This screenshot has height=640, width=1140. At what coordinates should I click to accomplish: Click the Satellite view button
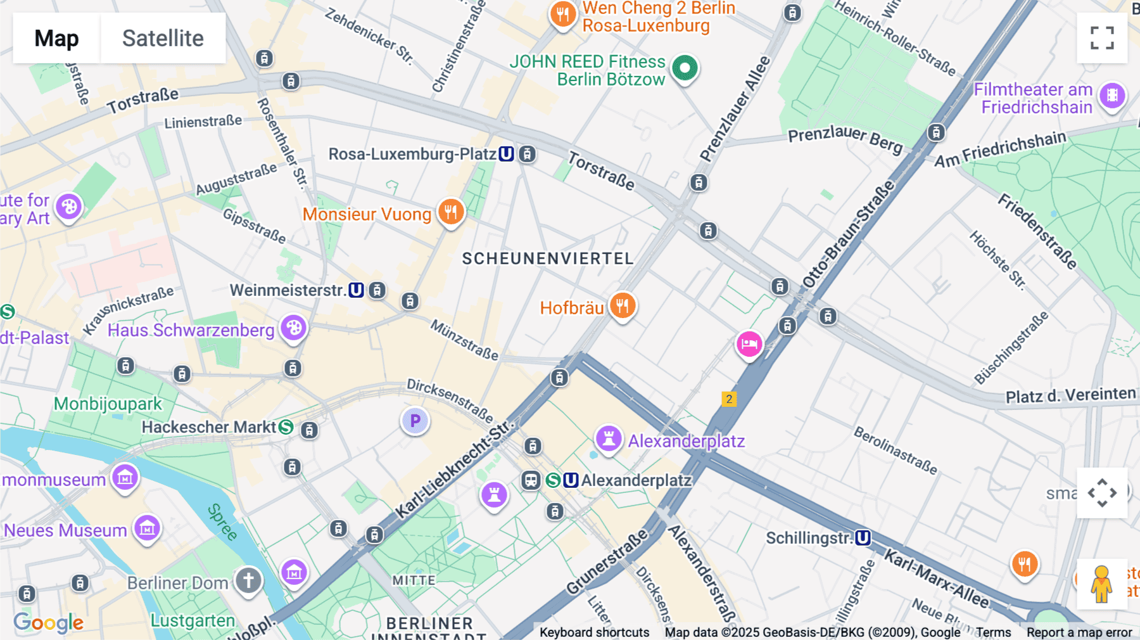pyautogui.click(x=163, y=38)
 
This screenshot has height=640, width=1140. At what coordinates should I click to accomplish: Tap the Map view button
pyautogui.click(x=56, y=38)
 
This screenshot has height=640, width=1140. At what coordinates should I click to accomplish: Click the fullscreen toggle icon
pyautogui.click(x=1102, y=38)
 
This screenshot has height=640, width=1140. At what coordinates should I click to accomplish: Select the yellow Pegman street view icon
pyautogui.click(x=1101, y=584)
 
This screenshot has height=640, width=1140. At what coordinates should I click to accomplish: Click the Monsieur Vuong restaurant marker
pyautogui.click(x=451, y=212)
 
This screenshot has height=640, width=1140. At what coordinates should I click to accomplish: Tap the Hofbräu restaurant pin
pyautogui.click(x=623, y=306)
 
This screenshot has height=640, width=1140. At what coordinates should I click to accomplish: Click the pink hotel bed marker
pyautogui.click(x=749, y=344)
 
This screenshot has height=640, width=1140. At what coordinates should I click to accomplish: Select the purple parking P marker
pyautogui.click(x=415, y=421)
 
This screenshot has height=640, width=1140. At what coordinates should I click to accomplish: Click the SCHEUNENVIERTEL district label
pyautogui.click(x=547, y=259)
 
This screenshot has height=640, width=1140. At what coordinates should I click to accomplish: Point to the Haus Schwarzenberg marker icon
pyautogui.click(x=293, y=328)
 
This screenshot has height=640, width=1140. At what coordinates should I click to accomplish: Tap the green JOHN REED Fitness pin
pyautogui.click(x=685, y=68)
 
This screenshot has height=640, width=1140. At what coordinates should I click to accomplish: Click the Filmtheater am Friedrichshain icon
pyautogui.click(x=1112, y=96)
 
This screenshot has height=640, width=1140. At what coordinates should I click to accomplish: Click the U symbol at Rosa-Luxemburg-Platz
pyautogui.click(x=506, y=154)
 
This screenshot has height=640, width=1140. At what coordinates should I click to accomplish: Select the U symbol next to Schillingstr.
pyautogui.click(x=863, y=538)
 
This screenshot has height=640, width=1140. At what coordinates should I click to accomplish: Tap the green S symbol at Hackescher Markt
pyautogui.click(x=286, y=427)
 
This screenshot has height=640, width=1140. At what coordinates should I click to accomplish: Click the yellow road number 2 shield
pyautogui.click(x=729, y=399)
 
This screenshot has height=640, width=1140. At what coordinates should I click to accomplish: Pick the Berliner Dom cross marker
pyautogui.click(x=248, y=580)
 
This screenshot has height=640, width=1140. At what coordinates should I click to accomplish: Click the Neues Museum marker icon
pyautogui.click(x=147, y=527)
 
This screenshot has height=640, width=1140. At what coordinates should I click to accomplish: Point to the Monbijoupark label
pyautogui.click(x=108, y=404)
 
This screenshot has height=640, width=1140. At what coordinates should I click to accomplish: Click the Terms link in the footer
pyautogui.click(x=993, y=632)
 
